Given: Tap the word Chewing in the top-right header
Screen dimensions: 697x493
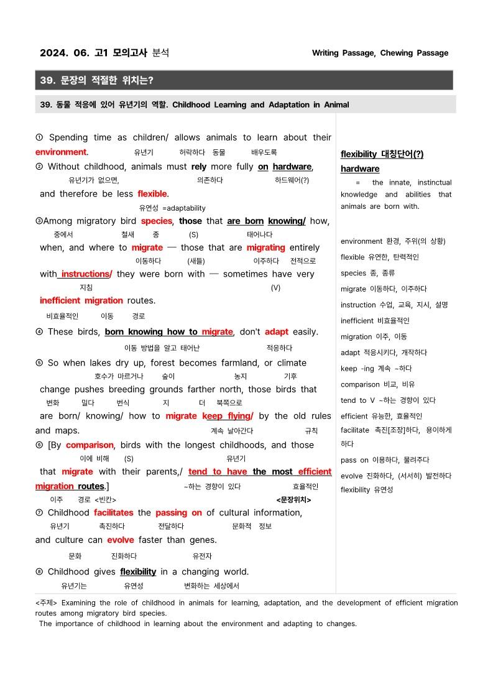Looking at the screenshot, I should pos(398,53).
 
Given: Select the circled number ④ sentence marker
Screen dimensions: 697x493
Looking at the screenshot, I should pos(39,332).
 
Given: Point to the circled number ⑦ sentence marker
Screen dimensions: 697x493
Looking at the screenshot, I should pos(39,513).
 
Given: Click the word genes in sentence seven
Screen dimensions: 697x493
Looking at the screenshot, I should pos(203,540).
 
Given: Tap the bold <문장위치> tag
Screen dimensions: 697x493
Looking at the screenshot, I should pos(293,499).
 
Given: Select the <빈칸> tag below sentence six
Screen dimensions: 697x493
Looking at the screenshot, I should pos(105,499).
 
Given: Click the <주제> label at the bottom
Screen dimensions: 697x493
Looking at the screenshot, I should pos(46,602).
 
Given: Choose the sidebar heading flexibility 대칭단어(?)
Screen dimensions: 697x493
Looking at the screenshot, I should pos(382,154).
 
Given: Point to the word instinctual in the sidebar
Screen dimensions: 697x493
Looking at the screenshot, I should pos(430,183).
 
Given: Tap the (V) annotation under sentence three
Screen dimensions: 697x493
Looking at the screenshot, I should pos(275,288).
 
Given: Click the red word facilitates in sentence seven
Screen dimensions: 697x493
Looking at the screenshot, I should pos(113,513).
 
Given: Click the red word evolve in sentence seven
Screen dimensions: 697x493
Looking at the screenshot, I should pos(120,540).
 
